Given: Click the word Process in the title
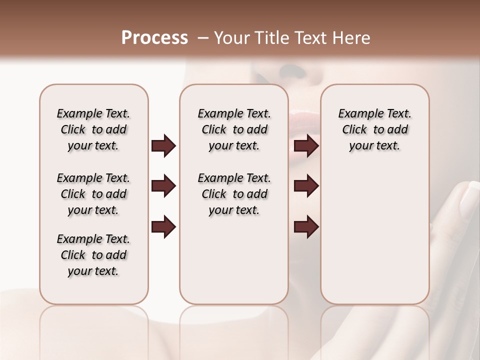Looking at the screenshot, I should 154,38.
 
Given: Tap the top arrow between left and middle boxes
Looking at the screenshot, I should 163,146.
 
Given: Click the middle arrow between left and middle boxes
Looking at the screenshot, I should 163,186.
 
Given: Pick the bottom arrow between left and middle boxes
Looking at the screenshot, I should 163,227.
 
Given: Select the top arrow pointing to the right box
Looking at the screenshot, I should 306,146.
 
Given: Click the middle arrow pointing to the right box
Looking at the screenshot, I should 306,186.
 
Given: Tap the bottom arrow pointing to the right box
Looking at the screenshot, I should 306,227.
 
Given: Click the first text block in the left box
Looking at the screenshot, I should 93,129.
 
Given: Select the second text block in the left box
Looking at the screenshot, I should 93,194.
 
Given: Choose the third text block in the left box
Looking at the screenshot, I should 93,255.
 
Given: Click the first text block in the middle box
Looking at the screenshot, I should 234,129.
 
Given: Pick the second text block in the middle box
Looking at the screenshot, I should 234,194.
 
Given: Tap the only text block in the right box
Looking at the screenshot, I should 374,129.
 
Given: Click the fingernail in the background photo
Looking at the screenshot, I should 469,198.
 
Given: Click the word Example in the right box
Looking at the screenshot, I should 357,114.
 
